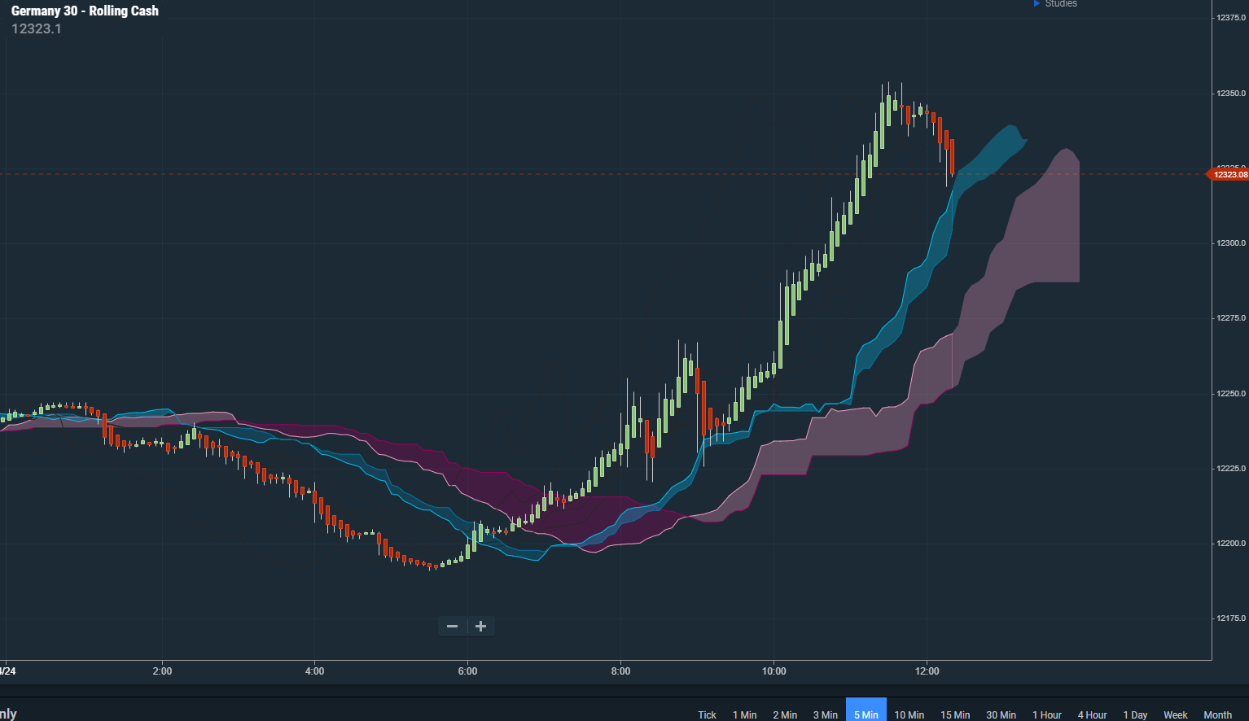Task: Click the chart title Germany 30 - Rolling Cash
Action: (x=85, y=11)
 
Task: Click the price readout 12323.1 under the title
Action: (x=37, y=28)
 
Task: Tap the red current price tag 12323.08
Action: (x=1229, y=174)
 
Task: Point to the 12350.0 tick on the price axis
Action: (x=1231, y=94)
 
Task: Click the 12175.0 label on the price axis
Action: (x=1231, y=618)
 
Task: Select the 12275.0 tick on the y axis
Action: (x=1231, y=318)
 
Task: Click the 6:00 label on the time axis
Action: (x=467, y=671)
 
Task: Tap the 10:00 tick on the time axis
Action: (x=774, y=671)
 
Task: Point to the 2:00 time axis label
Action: (x=162, y=671)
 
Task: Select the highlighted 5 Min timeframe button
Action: (x=866, y=714)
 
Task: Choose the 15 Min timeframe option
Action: (x=955, y=714)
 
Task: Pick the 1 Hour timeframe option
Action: (x=1047, y=714)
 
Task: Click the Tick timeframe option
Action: (x=707, y=714)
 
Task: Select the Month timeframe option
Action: (x=1217, y=714)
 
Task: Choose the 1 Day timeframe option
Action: (x=1135, y=714)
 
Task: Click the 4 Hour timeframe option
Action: (x=1092, y=714)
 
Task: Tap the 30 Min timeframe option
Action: (x=1001, y=714)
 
